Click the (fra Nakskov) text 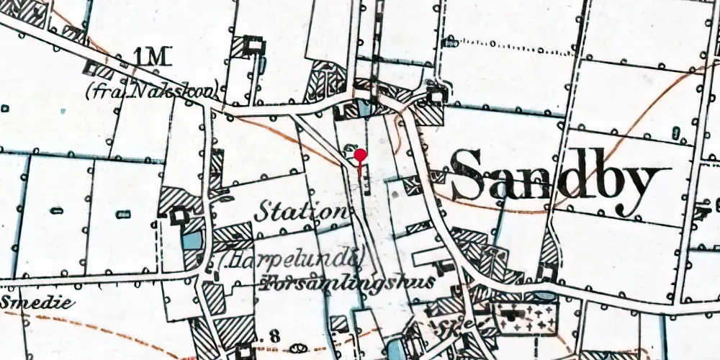point(150,92)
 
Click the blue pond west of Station point(191,239)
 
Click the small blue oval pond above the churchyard point(546,296)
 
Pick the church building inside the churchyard point(513,314)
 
